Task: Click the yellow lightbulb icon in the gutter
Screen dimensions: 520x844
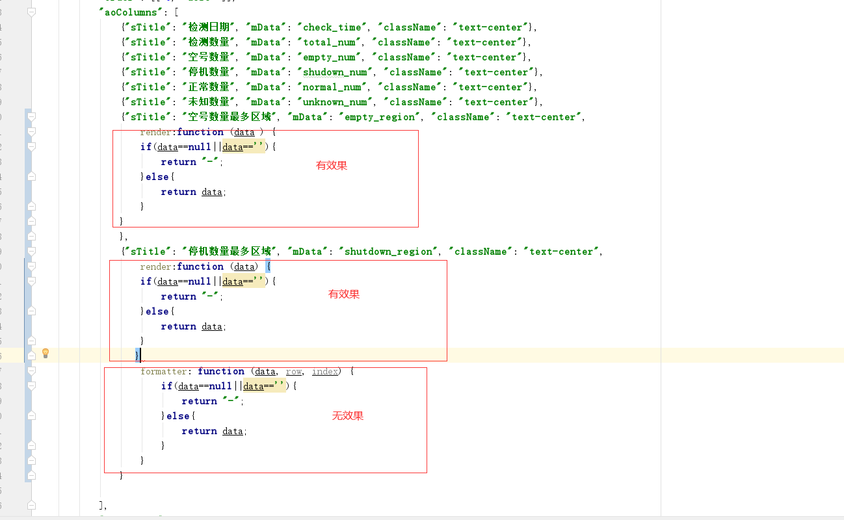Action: pyautogui.click(x=46, y=353)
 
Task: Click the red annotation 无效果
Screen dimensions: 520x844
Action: pyautogui.click(x=348, y=416)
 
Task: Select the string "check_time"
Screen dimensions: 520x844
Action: pyautogui.click(x=332, y=27)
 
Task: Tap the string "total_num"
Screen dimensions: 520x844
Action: pyautogui.click(x=329, y=42)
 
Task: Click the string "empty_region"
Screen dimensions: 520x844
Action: pyautogui.click(x=379, y=117)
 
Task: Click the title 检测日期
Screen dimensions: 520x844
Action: pyautogui.click(x=209, y=27)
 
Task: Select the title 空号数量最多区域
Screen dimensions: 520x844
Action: pyautogui.click(x=230, y=117)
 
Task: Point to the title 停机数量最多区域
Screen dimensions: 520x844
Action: pyautogui.click(x=230, y=252)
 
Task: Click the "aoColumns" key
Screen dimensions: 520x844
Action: pyautogui.click(x=128, y=12)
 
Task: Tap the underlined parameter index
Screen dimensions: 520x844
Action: pyautogui.click(x=324, y=371)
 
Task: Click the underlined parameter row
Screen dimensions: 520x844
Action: pyautogui.click(x=294, y=371)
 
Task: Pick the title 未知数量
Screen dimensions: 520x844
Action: pyautogui.click(x=209, y=102)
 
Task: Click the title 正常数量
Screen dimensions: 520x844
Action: pyautogui.click(x=209, y=87)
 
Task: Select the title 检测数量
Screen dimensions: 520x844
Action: pyautogui.click(x=209, y=42)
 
